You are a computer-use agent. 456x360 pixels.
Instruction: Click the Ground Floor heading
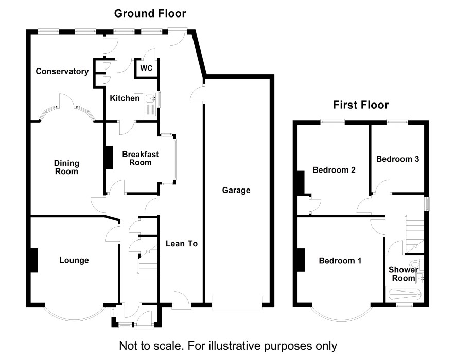[x=150, y=13]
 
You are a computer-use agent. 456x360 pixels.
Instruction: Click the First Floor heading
[x=360, y=106]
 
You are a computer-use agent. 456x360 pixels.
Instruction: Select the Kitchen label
[x=125, y=98]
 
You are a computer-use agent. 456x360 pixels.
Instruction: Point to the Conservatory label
[x=62, y=72]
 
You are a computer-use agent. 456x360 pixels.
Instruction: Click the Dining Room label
[x=67, y=167]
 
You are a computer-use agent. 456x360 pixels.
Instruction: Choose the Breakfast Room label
[x=140, y=158]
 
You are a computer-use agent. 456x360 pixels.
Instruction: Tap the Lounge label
[x=74, y=260]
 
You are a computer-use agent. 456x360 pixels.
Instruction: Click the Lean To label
[x=182, y=243]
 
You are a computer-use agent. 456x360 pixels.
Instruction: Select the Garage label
[x=236, y=190]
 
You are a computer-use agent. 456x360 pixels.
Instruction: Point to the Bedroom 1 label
[x=340, y=261]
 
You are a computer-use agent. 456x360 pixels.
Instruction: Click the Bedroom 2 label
[x=335, y=169]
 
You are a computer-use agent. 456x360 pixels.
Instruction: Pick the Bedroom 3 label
[x=397, y=159]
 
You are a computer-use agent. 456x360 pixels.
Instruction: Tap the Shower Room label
[x=401, y=274]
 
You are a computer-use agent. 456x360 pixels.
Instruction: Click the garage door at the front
[x=237, y=302]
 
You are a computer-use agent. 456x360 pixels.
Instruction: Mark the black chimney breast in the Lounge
[x=33, y=260]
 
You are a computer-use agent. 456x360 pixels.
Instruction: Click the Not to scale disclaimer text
[x=228, y=345]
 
